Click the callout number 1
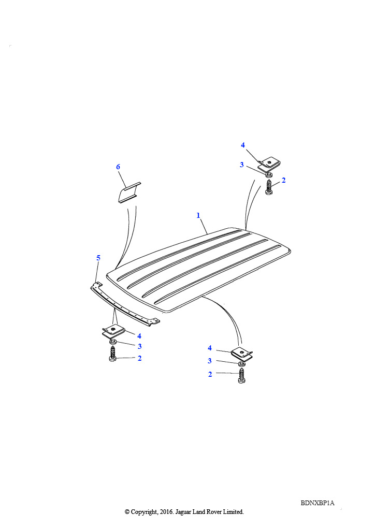tap(198, 215)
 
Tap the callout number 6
tap(118, 167)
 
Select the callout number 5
tap(98, 258)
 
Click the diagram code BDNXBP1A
tap(318, 503)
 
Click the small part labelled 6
tap(129, 193)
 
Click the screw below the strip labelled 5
tap(113, 354)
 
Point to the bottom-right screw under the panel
tap(241, 376)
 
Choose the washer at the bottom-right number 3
tap(241, 364)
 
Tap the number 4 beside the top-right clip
tap(243, 145)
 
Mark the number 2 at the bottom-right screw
tap(210, 374)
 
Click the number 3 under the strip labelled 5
tap(140, 346)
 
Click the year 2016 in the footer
tap(166, 512)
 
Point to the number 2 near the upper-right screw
tap(283, 180)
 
